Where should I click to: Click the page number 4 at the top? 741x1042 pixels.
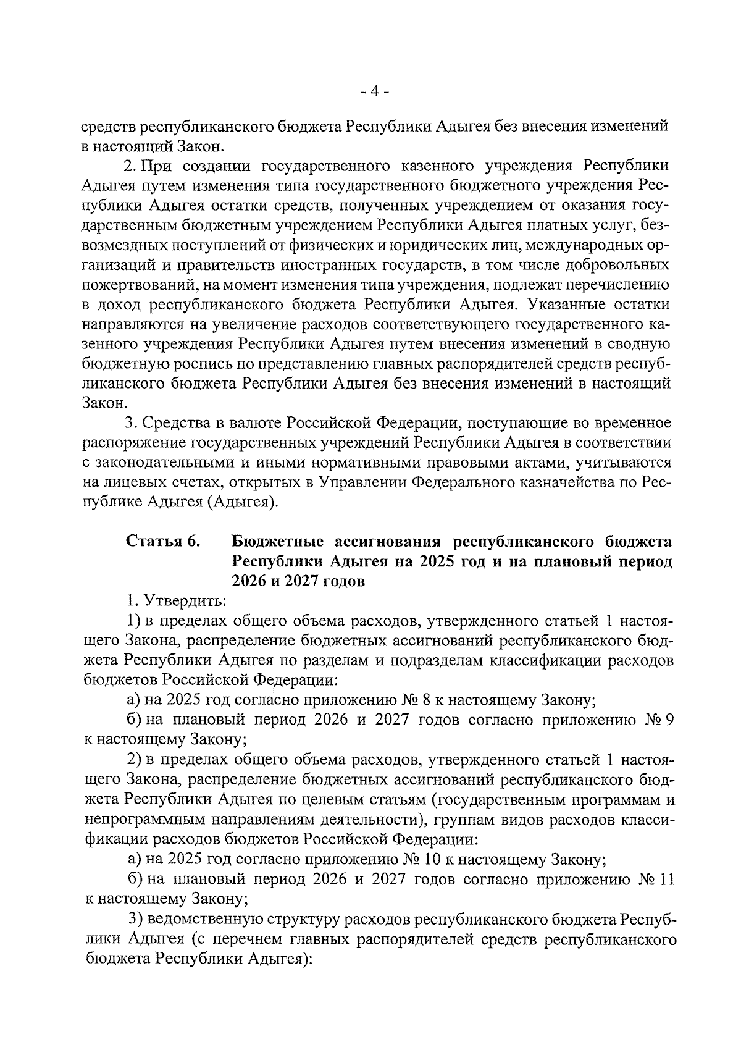pos(375,91)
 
